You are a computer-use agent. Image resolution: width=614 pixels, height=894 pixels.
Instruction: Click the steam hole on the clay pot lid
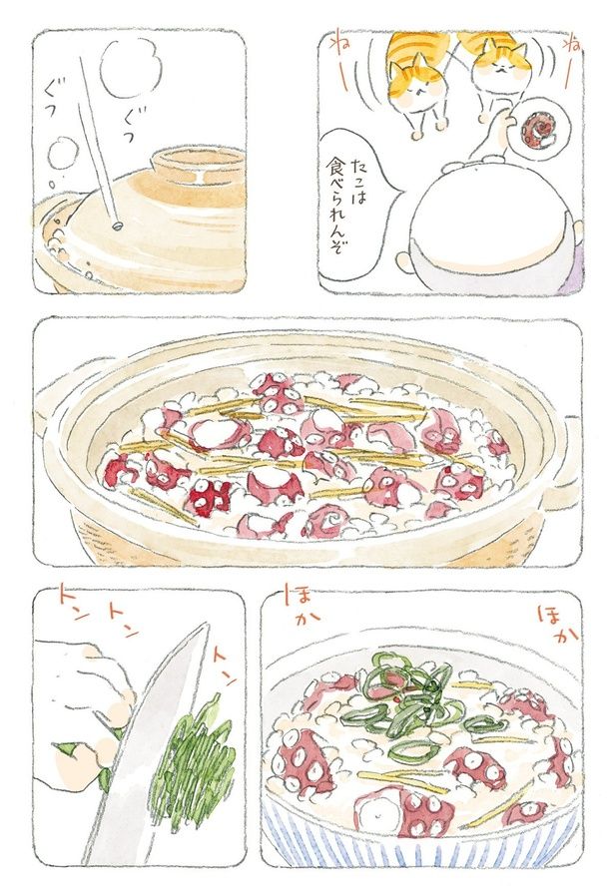[x=118, y=224]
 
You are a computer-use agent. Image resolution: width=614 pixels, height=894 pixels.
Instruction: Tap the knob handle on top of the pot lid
[x=198, y=166]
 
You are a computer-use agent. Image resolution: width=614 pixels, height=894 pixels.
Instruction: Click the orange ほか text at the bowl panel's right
[x=556, y=621]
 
